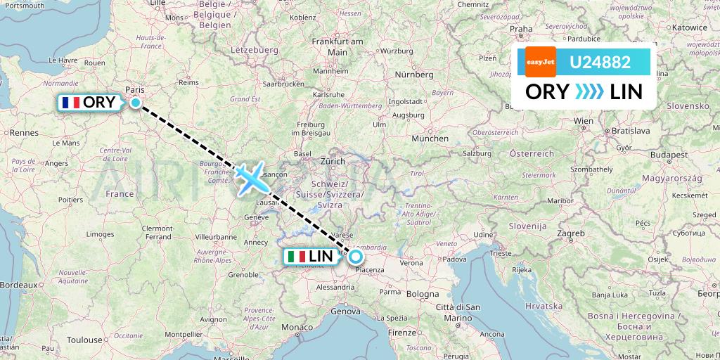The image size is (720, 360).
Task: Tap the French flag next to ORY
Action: [x=71, y=103]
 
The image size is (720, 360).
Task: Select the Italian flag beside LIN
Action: [x=297, y=257]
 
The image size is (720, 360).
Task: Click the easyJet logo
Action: [x=541, y=62]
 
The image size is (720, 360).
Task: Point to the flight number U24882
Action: [x=600, y=62]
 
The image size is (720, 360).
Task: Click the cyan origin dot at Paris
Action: [x=136, y=103]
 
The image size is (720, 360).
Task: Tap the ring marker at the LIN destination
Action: [x=356, y=256]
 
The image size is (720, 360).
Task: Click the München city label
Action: [x=430, y=139]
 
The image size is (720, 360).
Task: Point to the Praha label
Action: [x=521, y=29]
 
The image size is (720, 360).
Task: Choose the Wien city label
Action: [x=584, y=121]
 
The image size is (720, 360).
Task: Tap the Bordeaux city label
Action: [x=18, y=285]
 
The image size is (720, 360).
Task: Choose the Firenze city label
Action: [x=402, y=331]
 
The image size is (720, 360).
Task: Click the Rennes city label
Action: [x=23, y=132]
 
